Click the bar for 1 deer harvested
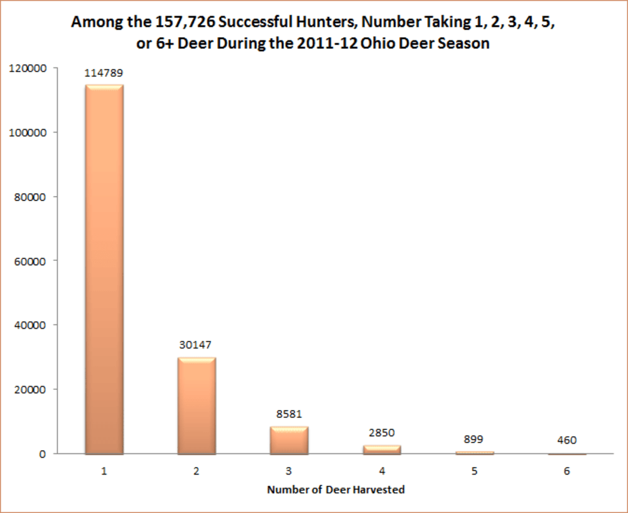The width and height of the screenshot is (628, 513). (x=104, y=269)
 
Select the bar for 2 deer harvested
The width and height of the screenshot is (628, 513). (x=197, y=405)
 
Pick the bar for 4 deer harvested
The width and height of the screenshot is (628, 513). (x=382, y=449)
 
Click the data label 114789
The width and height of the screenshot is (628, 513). (x=104, y=74)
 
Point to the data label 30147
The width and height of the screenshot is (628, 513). (x=197, y=345)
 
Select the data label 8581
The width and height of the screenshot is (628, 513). (x=289, y=414)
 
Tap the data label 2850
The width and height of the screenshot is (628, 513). (x=382, y=433)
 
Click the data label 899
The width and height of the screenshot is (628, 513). (x=474, y=439)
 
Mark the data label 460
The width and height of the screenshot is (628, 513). (x=566, y=441)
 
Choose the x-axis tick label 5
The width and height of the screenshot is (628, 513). (x=474, y=471)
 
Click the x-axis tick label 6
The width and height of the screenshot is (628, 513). (x=566, y=471)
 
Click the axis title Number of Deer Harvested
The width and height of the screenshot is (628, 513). (x=335, y=490)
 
